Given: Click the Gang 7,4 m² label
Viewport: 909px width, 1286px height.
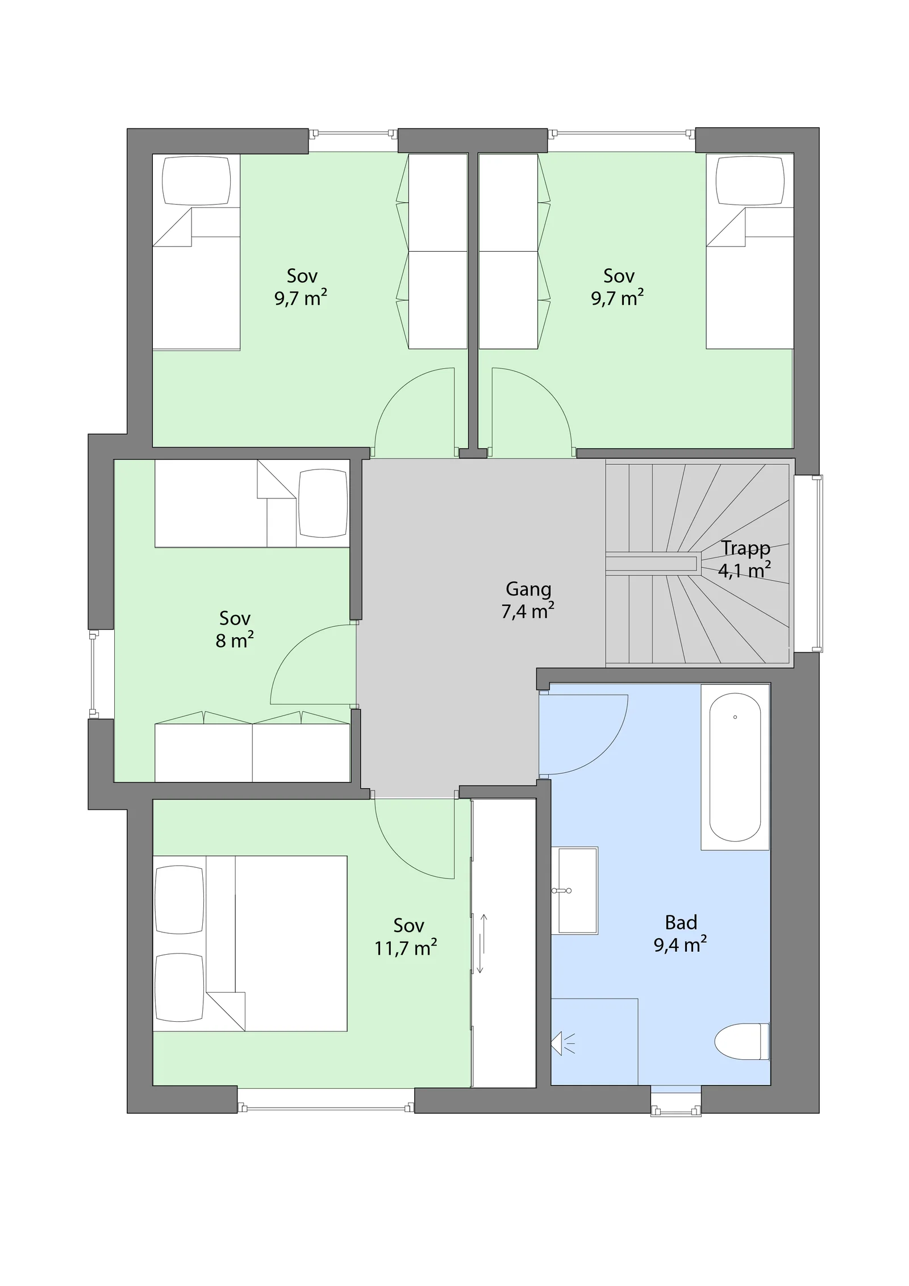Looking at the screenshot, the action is coord(528,600).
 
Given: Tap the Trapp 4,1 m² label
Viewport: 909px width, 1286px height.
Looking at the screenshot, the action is coord(745,559).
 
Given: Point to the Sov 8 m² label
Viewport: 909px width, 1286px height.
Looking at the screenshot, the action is coord(235,629).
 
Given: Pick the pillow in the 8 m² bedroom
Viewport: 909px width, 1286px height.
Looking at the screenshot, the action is coord(323,503).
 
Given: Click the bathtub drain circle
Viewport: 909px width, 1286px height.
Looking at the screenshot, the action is coord(735,717).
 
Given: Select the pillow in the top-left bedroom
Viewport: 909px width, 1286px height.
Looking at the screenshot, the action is coord(197,181).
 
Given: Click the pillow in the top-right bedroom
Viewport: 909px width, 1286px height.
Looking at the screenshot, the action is coord(750,181).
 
